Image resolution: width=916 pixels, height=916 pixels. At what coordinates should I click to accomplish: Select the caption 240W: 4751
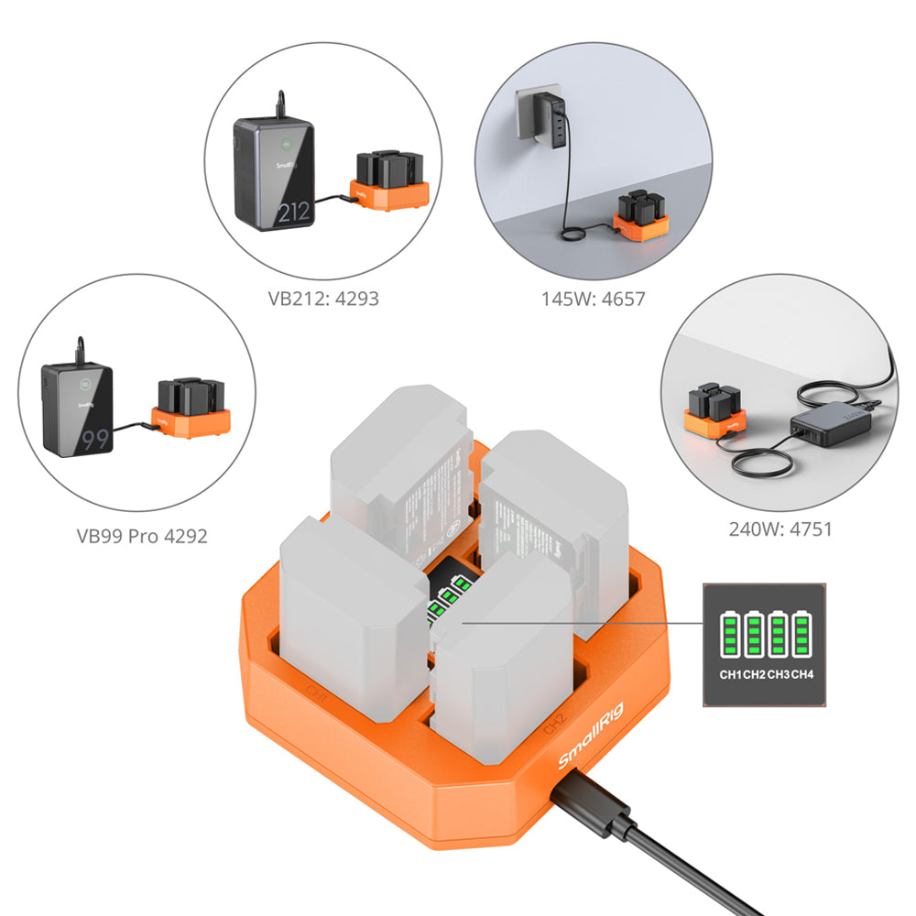coord(780,529)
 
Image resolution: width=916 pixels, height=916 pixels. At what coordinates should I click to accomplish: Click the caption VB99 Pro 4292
coord(142,535)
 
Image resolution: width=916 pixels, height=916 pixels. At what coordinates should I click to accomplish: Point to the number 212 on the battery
coord(293,213)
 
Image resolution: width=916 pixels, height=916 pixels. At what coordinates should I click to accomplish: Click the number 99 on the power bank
coord(95,440)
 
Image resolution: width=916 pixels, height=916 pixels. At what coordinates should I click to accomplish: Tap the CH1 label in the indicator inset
coord(730,676)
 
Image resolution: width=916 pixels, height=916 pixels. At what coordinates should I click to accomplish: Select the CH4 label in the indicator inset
coord(802,676)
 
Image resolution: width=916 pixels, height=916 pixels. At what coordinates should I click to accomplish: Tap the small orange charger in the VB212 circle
coord(388,183)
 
